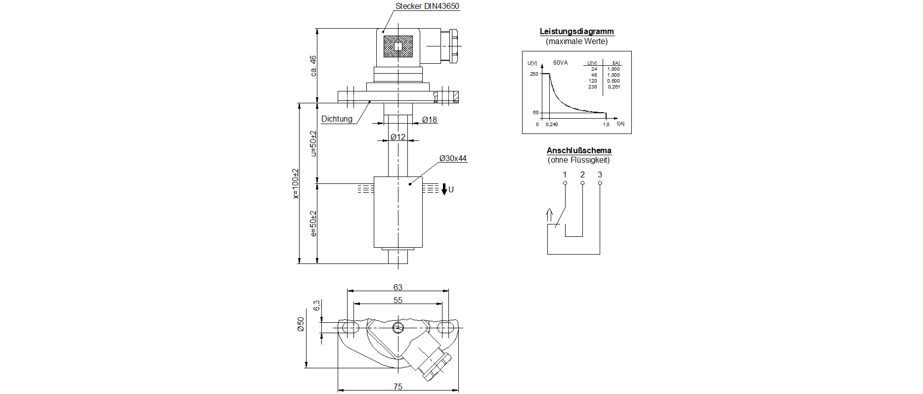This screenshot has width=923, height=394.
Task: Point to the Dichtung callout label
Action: (337, 119)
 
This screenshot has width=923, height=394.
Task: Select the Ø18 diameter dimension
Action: (430, 120)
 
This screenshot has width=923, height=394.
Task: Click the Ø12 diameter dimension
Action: (397, 137)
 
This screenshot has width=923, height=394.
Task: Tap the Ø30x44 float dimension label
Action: (453, 159)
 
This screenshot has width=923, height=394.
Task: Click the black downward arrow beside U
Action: (444, 189)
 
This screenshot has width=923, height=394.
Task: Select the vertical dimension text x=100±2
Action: (296, 183)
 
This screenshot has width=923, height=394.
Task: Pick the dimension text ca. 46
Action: (312, 65)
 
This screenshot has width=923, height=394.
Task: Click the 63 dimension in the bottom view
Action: (397, 287)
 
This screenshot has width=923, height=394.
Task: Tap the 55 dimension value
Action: (397, 300)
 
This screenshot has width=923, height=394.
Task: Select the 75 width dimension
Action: (397, 387)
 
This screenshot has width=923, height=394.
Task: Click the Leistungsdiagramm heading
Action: (576, 32)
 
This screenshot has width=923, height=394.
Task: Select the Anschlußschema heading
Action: (578, 151)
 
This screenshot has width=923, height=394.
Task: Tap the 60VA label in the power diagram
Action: (560, 63)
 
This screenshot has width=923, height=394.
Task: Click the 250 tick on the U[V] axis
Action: (533, 74)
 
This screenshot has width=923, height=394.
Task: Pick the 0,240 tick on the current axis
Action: (551, 125)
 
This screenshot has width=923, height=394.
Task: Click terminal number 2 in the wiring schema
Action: (582, 175)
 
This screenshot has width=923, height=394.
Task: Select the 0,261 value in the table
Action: (614, 87)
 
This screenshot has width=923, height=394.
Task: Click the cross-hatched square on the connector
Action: (398, 47)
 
